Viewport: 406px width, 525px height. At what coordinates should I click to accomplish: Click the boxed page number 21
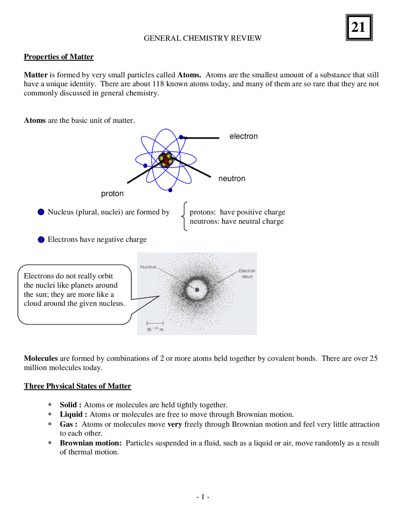pos(359,28)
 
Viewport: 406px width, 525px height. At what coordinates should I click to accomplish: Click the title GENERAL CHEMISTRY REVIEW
pos(203,38)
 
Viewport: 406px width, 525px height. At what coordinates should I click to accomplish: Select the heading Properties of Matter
pos(59,57)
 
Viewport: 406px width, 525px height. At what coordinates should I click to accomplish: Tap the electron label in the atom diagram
pos(243,136)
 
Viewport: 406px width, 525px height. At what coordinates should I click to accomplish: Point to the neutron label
pos(232,178)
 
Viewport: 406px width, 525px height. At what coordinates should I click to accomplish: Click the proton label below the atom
pos(112,193)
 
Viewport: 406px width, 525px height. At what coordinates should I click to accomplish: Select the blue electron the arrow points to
pos(181,137)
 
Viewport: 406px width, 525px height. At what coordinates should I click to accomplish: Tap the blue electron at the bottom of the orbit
pos(170,190)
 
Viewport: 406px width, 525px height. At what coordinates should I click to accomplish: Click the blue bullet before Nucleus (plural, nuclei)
pos(41,212)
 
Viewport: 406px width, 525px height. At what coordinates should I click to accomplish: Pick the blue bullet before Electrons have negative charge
pos(41,240)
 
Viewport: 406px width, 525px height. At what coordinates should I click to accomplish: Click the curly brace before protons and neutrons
pos(184,216)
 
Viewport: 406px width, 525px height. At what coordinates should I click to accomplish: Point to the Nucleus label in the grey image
pos(148,267)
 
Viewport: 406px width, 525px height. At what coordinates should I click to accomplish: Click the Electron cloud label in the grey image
pos(247,274)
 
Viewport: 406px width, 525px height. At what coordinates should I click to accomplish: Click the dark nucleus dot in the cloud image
pos(197,290)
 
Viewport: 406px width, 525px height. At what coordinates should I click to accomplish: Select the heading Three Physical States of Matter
pos(77,386)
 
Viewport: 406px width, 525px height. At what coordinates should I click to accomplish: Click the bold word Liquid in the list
pos(71,415)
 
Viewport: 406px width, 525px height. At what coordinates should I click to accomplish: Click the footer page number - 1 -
pos(203,497)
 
